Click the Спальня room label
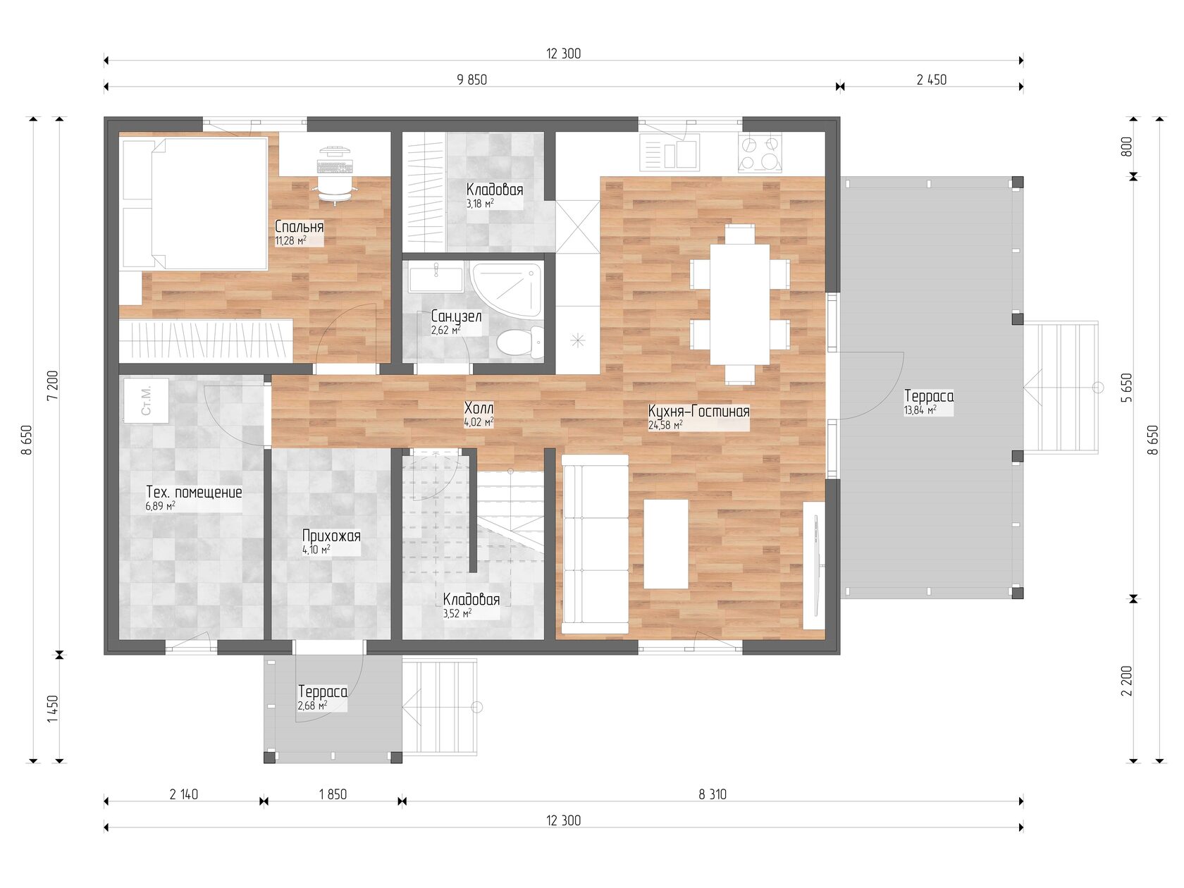pyautogui.click(x=299, y=226)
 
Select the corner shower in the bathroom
pyautogui.click(x=505, y=290)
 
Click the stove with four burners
pyautogui.click(x=760, y=153)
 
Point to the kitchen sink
pyautogui.click(x=669, y=152)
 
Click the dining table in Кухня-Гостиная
pyautogui.click(x=739, y=304)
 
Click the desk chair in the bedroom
pyautogui.click(x=335, y=190)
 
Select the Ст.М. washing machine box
pyautogui.click(x=146, y=400)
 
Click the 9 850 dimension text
pyautogui.click(x=471, y=80)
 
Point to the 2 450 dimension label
pyautogui.click(x=932, y=80)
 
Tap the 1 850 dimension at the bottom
pyautogui.click(x=333, y=794)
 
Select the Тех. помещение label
pyautogui.click(x=194, y=492)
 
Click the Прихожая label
pyautogui.click(x=331, y=536)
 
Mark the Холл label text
pyautogui.click(x=479, y=408)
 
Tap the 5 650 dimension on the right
pyautogui.click(x=1127, y=388)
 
